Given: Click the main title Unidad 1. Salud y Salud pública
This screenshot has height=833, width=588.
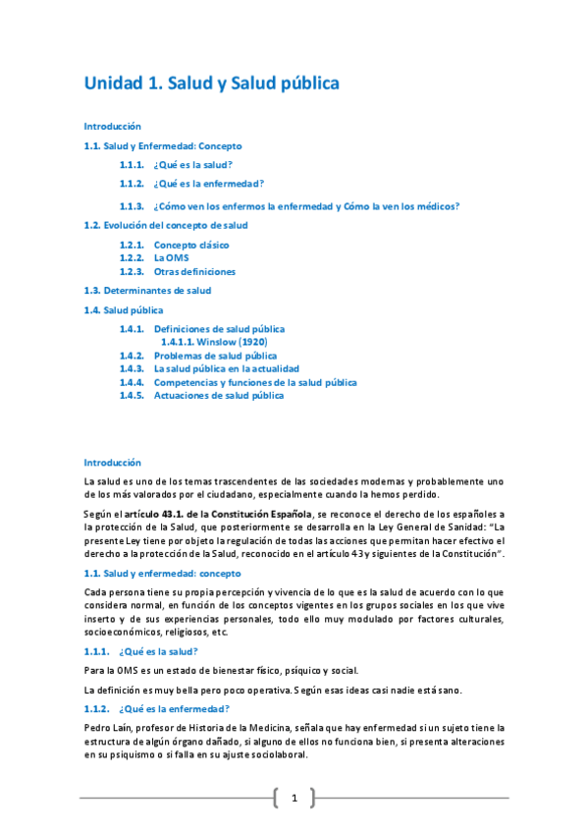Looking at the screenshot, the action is tap(211, 83).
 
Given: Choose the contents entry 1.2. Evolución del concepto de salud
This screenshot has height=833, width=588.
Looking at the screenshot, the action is tap(166, 225).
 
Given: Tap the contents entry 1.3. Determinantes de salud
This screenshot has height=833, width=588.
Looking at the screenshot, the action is tap(147, 291).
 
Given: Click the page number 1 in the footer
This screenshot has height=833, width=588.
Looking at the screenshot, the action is tap(294, 798).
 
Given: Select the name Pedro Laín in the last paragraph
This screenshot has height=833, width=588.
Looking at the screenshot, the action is tap(106, 726).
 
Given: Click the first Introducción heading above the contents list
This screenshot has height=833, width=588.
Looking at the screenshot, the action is tap(112, 127).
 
